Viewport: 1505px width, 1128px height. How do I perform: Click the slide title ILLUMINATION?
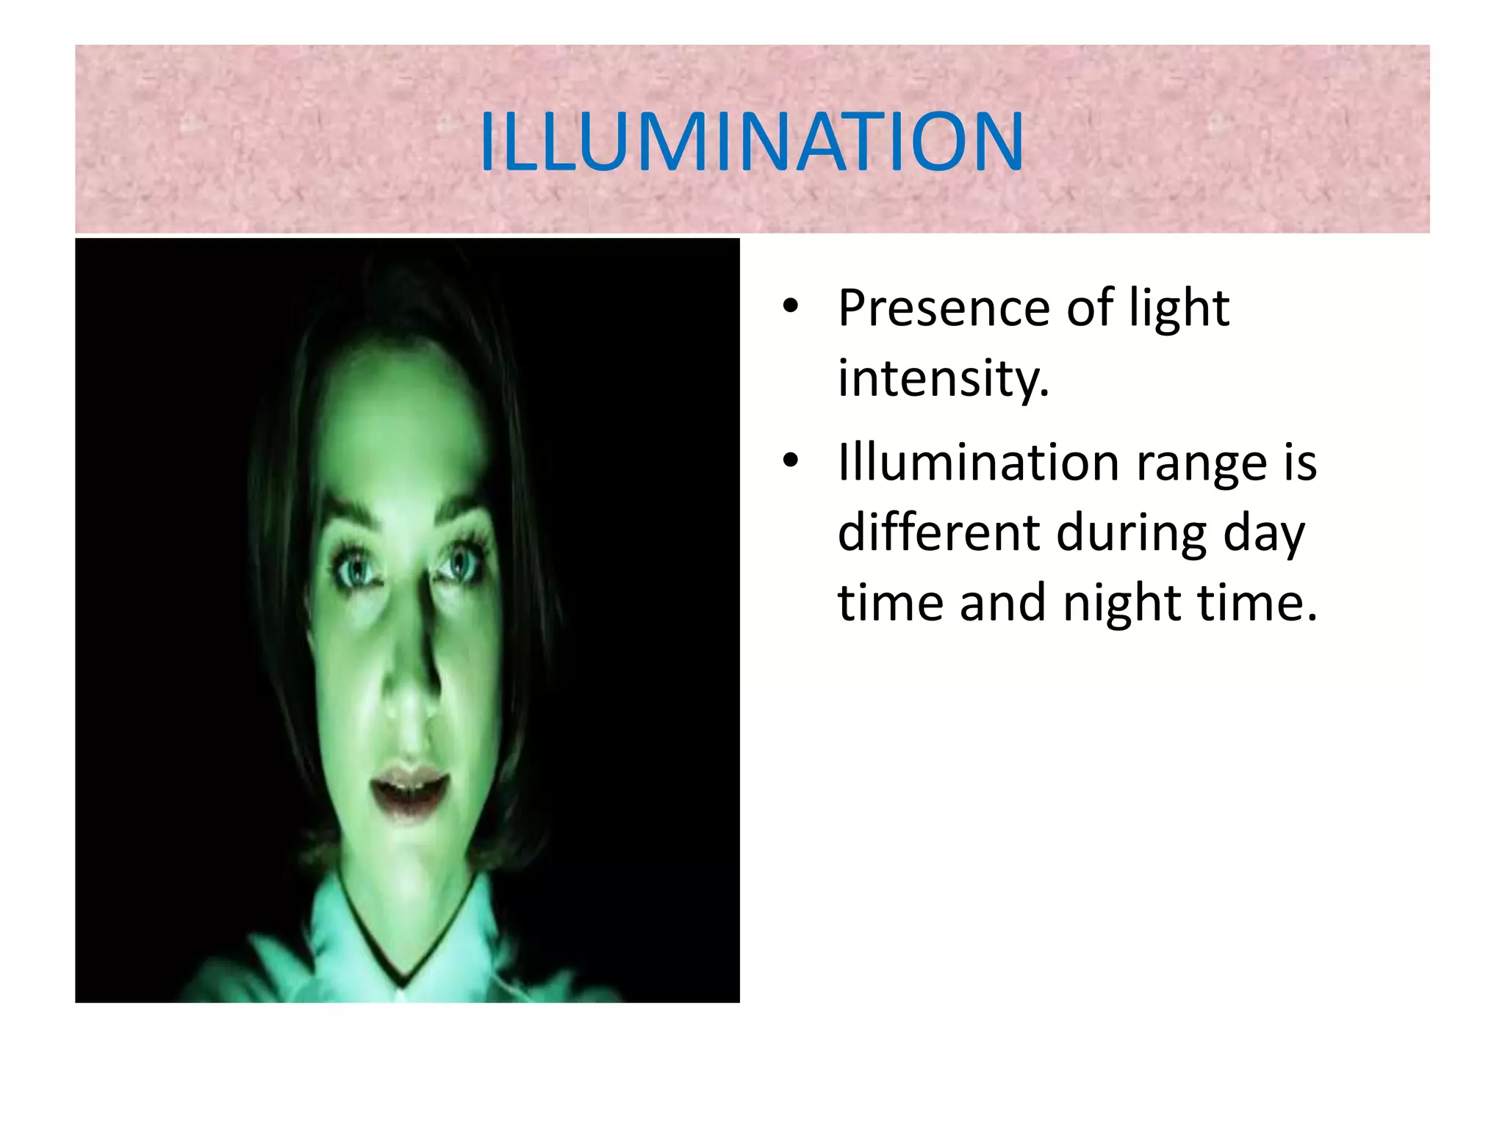pos(751,141)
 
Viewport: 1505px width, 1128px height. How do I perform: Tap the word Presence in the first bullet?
pos(944,308)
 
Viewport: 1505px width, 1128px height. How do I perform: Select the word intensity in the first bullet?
pos(943,379)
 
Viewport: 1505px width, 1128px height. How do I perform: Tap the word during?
pos(1132,532)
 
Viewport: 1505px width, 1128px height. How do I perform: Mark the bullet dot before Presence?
pos(790,307)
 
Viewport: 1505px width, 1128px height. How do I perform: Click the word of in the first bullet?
pos(1091,308)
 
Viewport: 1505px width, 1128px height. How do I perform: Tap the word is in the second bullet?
pos(1300,463)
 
